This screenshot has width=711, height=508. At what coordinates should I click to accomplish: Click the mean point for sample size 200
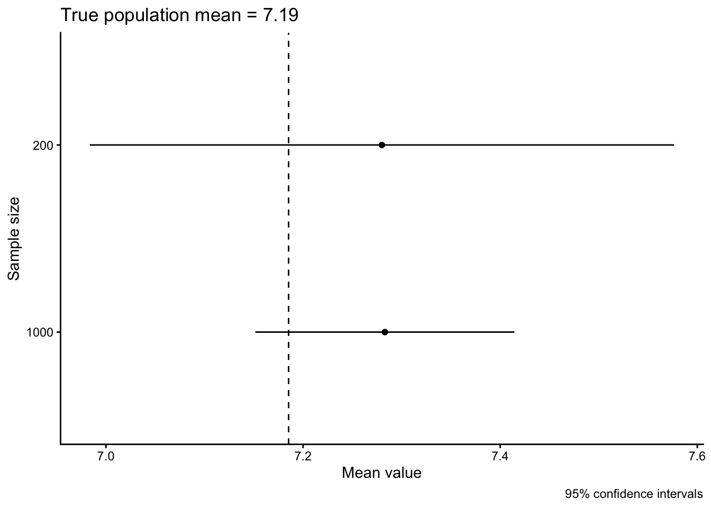pyautogui.click(x=382, y=145)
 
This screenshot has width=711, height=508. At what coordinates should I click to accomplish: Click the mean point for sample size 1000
pyautogui.click(x=385, y=332)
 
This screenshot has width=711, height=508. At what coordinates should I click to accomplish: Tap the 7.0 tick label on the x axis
pyautogui.click(x=106, y=456)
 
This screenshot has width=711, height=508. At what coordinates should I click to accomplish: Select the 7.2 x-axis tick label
pyautogui.click(x=303, y=456)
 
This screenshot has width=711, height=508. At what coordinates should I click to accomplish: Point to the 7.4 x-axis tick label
pyautogui.click(x=500, y=456)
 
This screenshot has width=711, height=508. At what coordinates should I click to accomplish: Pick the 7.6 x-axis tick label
pyautogui.click(x=697, y=456)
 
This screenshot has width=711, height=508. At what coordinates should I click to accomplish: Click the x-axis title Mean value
pyautogui.click(x=381, y=473)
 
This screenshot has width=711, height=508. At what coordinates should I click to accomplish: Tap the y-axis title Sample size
pyautogui.click(x=14, y=239)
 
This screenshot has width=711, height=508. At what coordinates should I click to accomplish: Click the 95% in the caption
pyautogui.click(x=576, y=495)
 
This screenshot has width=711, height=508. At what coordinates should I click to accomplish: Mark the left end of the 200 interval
pyautogui.click(x=90, y=145)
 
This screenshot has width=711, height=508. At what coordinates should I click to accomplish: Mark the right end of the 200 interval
pyautogui.click(x=673, y=145)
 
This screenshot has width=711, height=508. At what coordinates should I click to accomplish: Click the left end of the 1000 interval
pyautogui.click(x=256, y=332)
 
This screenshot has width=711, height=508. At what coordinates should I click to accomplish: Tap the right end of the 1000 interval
pyautogui.click(x=514, y=332)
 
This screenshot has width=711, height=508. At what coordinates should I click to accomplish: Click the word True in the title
pyautogui.click(x=79, y=15)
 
